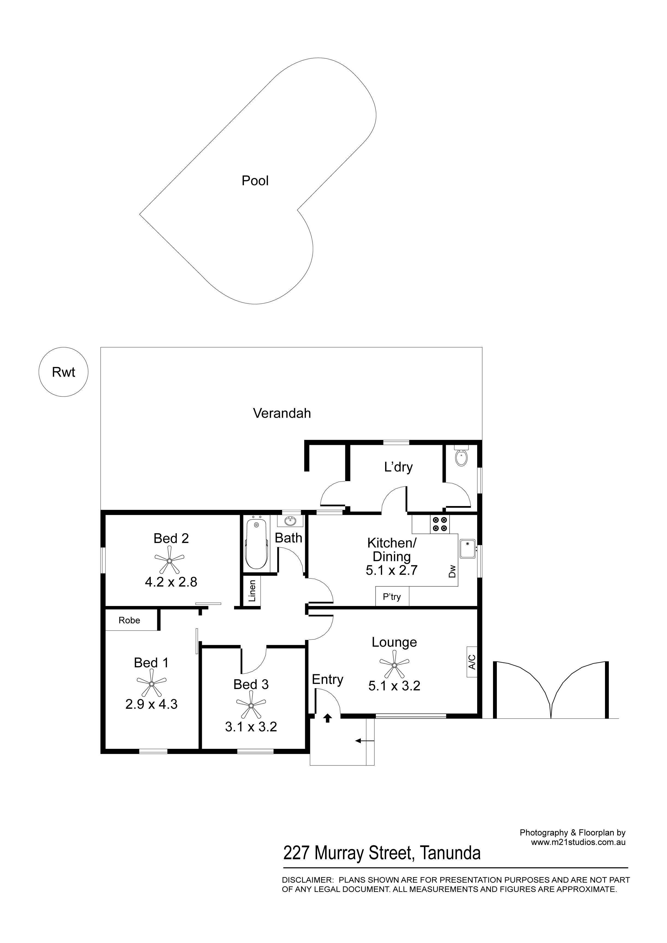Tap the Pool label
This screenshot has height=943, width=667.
click(255, 181)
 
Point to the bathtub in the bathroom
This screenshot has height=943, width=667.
click(256, 544)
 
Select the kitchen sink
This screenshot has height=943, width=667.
click(467, 549)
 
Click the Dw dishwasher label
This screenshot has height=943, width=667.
click(452, 571)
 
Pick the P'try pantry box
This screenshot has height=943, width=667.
click(392, 596)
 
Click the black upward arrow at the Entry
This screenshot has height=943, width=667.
click(327, 717)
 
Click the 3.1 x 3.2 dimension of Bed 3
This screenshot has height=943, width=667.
click(251, 727)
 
